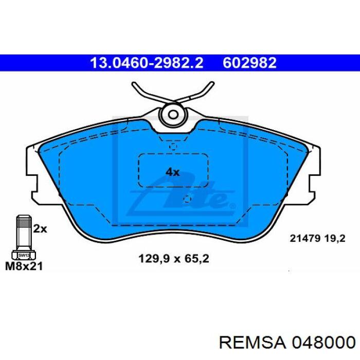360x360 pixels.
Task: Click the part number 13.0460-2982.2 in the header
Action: tap(147, 63)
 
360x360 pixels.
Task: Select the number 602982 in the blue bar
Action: tap(249, 63)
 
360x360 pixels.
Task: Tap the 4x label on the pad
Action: tap(172, 172)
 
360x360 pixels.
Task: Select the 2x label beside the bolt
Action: tap(40, 229)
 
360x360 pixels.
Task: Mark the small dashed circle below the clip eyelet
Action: tap(173, 147)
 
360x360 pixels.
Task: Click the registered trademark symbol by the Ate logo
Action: tap(232, 206)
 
